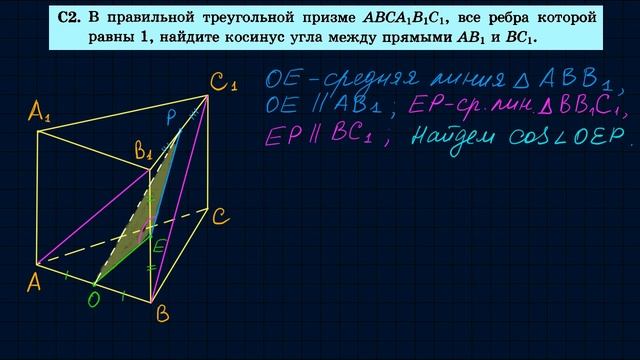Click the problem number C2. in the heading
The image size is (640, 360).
tap(69, 18)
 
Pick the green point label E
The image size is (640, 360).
tap(160, 241)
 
